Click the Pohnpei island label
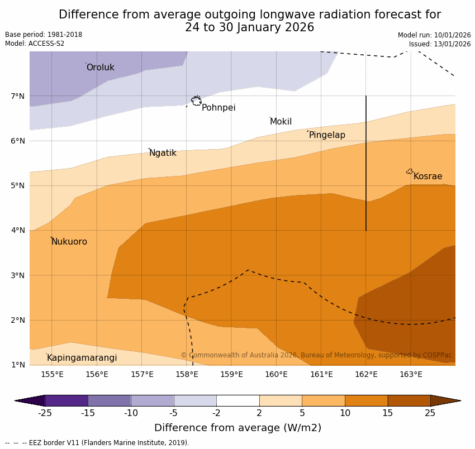(218, 108)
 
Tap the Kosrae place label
(427, 176)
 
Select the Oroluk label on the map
(100, 68)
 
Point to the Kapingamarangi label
(82, 358)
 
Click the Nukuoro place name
(69, 242)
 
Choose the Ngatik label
(163, 153)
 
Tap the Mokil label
(281, 122)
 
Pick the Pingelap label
(327, 135)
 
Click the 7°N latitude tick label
(18, 96)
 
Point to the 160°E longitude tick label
(276, 374)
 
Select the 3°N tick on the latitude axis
(18, 275)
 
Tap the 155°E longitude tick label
(52, 374)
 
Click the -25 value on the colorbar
(45, 413)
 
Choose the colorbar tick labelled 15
(388, 413)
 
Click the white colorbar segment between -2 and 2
(237, 400)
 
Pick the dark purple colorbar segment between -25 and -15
(66, 400)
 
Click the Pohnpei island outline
(196, 101)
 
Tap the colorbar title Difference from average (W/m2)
(237, 428)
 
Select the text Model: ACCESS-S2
(35, 44)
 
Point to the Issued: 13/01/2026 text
(439, 44)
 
